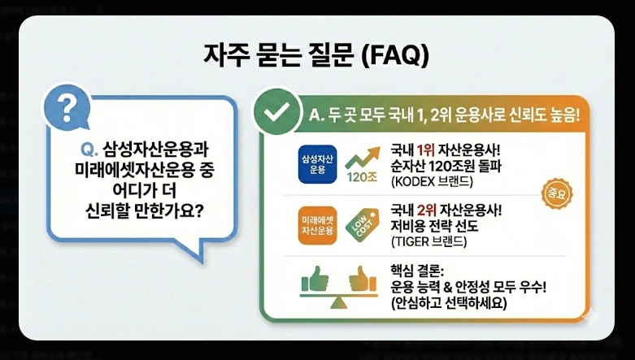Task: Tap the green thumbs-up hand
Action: tap(314, 280)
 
